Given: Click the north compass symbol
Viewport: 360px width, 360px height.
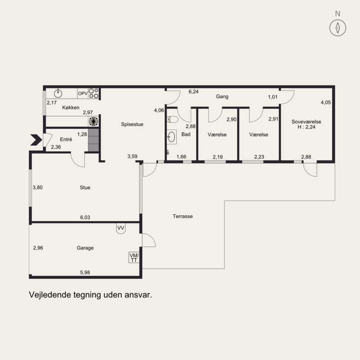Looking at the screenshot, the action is (338, 28).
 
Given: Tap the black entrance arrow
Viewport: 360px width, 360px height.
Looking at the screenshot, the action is (36, 140).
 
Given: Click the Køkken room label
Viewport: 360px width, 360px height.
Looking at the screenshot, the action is (71, 108).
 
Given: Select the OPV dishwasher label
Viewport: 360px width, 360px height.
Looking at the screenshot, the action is (83, 94).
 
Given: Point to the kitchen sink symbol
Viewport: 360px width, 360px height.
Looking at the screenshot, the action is (58, 93).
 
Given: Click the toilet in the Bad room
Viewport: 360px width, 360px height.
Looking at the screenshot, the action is (172, 119).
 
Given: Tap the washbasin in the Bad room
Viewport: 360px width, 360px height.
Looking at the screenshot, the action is (171, 137).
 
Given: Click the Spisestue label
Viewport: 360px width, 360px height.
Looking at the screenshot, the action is (132, 124).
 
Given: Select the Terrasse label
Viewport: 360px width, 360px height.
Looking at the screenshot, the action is (183, 216).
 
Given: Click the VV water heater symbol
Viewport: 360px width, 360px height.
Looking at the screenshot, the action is (121, 229).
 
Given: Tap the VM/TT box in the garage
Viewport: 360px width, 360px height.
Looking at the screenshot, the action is (134, 257).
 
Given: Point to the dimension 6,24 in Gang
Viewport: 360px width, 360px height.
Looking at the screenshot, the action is (193, 92).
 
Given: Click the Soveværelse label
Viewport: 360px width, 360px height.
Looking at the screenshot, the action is (306, 121).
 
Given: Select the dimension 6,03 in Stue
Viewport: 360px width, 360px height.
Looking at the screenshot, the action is (85, 217).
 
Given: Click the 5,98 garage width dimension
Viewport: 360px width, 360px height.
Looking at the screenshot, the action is (85, 273).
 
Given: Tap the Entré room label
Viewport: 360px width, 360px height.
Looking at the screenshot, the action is (66, 139).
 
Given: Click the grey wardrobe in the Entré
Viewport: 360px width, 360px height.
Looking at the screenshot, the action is (94, 140).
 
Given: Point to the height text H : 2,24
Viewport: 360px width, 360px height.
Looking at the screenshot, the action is (306, 127).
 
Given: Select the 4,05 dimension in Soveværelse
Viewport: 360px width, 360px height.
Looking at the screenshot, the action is (326, 103).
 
